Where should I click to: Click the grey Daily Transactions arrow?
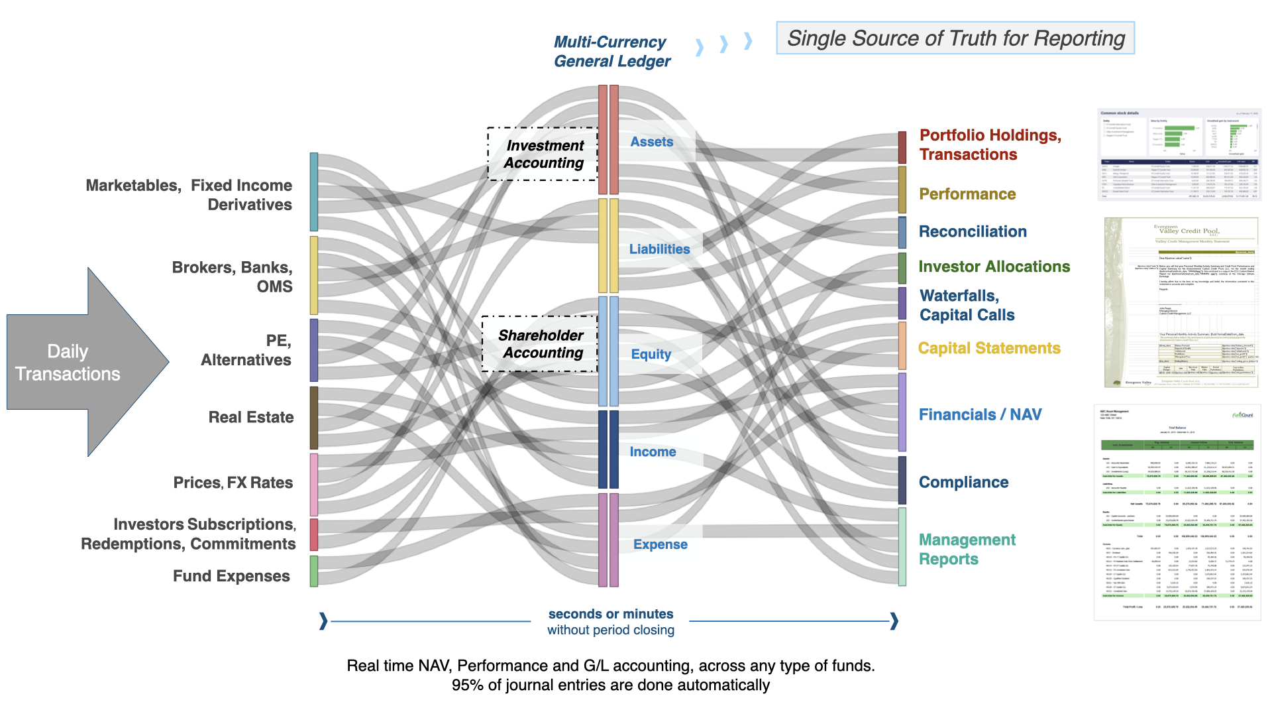pyautogui.click(x=79, y=362)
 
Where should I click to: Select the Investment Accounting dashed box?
pyautogui.click(x=543, y=154)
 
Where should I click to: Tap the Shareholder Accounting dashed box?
pyautogui.click(x=540, y=343)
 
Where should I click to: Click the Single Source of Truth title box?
pyautogui.click(x=955, y=38)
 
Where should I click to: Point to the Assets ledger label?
pyautogui.click(x=651, y=142)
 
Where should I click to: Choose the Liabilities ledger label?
pyautogui.click(x=659, y=249)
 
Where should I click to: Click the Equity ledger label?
pyautogui.click(x=651, y=354)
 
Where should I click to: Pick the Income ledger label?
pyautogui.click(x=653, y=451)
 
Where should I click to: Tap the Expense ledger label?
pyautogui.click(x=660, y=544)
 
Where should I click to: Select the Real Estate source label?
pyautogui.click(x=250, y=417)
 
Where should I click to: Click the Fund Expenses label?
pyautogui.click(x=231, y=576)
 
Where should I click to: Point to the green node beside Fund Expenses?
pyautogui.click(x=314, y=571)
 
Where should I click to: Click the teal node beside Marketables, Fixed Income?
pyautogui.click(x=314, y=192)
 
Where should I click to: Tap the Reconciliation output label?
pyautogui.click(x=972, y=231)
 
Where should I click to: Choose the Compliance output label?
pyautogui.click(x=963, y=482)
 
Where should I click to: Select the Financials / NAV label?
pyautogui.click(x=980, y=414)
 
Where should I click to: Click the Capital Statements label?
pyautogui.click(x=989, y=348)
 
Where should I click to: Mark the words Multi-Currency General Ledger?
pyautogui.click(x=611, y=52)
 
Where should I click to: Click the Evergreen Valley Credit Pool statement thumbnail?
pyautogui.click(x=1181, y=302)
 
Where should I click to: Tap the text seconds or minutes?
pyautogui.click(x=610, y=614)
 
